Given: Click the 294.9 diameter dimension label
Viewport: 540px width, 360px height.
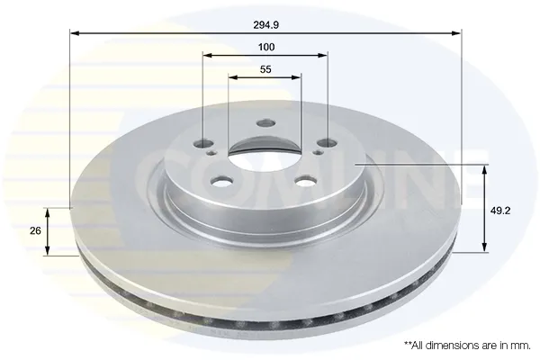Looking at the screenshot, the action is click(265, 25).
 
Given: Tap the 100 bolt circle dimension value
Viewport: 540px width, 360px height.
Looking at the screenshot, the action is click(266, 47).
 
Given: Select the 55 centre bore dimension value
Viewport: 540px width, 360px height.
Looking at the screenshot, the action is click(265, 69).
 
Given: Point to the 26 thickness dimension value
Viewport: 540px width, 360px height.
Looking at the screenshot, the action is click(35, 230).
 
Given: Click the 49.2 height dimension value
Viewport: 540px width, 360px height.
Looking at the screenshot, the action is click(500, 211).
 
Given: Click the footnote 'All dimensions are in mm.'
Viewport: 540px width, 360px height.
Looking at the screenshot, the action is click(467, 346).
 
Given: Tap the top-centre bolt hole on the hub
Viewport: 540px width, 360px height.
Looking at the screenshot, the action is click(265, 123).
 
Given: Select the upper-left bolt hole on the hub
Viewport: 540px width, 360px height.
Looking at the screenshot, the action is click(204, 142).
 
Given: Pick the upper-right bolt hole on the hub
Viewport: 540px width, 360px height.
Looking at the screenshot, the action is click(328, 142).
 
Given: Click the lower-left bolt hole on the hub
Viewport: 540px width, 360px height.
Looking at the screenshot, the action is click(222, 181).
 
